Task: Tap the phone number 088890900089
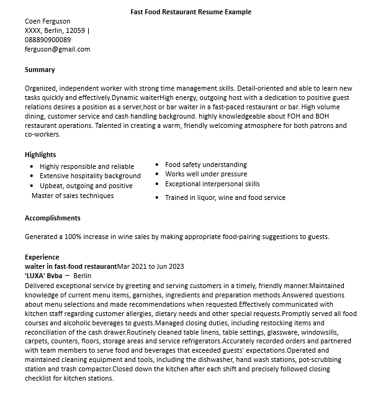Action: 48,40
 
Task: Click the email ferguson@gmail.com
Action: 57,49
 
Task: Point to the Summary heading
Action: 40,70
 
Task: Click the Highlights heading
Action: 40,155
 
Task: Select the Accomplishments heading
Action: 53,218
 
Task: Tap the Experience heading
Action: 42,257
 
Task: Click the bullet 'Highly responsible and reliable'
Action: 87,166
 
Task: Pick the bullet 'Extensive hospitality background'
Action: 90,176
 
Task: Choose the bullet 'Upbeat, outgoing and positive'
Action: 86,186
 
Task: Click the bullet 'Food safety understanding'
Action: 206,165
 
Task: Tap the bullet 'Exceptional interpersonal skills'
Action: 212,184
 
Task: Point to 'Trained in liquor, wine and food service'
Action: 225,197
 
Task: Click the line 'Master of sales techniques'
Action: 73,196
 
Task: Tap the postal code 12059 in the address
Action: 76,30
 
